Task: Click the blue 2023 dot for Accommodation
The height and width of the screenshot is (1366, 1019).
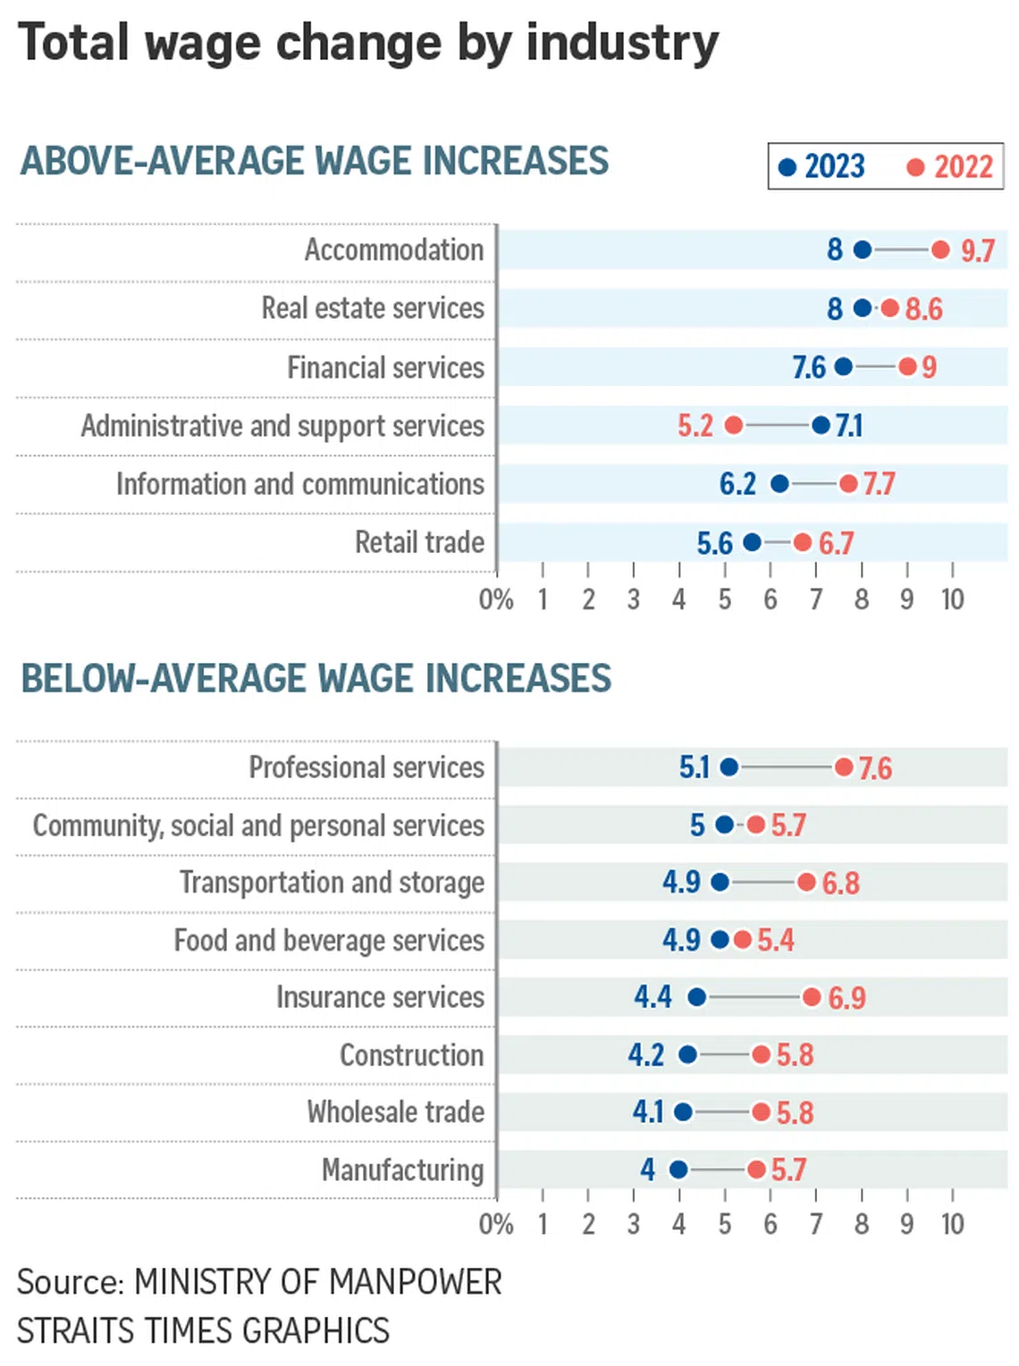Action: (x=862, y=250)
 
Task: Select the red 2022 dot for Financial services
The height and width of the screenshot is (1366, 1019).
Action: (x=907, y=366)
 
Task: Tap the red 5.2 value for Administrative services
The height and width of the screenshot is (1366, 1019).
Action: (x=695, y=425)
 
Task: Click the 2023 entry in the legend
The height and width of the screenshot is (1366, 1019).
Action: (x=822, y=167)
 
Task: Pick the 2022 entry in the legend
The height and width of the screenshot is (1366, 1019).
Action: (x=950, y=167)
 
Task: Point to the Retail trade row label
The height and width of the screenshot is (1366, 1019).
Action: (x=419, y=542)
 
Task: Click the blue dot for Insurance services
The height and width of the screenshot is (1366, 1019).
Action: (x=697, y=996)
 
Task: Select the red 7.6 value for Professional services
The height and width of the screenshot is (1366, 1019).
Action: (x=875, y=768)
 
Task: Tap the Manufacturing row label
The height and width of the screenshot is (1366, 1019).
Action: (x=402, y=1169)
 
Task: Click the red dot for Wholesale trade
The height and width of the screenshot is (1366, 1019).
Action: (x=761, y=1112)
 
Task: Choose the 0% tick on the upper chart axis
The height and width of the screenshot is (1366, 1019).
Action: (x=496, y=599)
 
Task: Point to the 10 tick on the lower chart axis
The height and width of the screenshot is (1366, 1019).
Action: (x=952, y=1223)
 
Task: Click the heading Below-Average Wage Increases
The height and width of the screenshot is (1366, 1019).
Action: (x=316, y=678)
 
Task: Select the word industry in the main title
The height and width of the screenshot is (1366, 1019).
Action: (x=622, y=44)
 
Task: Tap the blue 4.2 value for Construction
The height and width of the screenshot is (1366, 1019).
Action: (x=645, y=1055)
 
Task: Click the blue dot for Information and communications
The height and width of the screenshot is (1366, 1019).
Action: (x=779, y=484)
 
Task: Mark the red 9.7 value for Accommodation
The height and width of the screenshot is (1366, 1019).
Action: (x=977, y=251)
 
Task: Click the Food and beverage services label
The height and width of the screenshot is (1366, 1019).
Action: (x=329, y=940)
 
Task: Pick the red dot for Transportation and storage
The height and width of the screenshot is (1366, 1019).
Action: (x=806, y=883)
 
